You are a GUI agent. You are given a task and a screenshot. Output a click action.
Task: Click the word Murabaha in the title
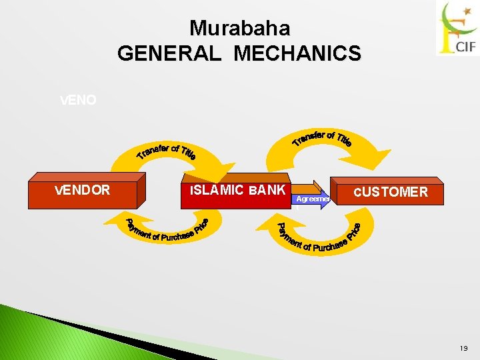click(239, 28)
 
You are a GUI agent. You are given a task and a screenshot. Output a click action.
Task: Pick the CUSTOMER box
click(389, 192)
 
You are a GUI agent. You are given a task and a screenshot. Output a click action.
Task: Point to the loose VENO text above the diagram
click(78, 100)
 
